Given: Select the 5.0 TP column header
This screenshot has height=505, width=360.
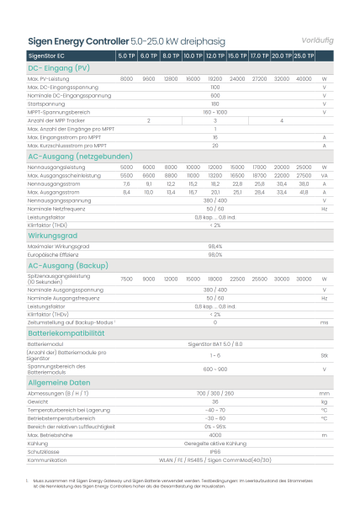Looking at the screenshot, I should [x=126, y=55].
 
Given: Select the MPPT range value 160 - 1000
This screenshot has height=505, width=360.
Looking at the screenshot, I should [x=214, y=112].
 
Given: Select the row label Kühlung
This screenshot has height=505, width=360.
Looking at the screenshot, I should [x=38, y=444].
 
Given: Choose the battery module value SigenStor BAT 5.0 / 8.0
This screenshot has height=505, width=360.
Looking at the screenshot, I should [x=214, y=343].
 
